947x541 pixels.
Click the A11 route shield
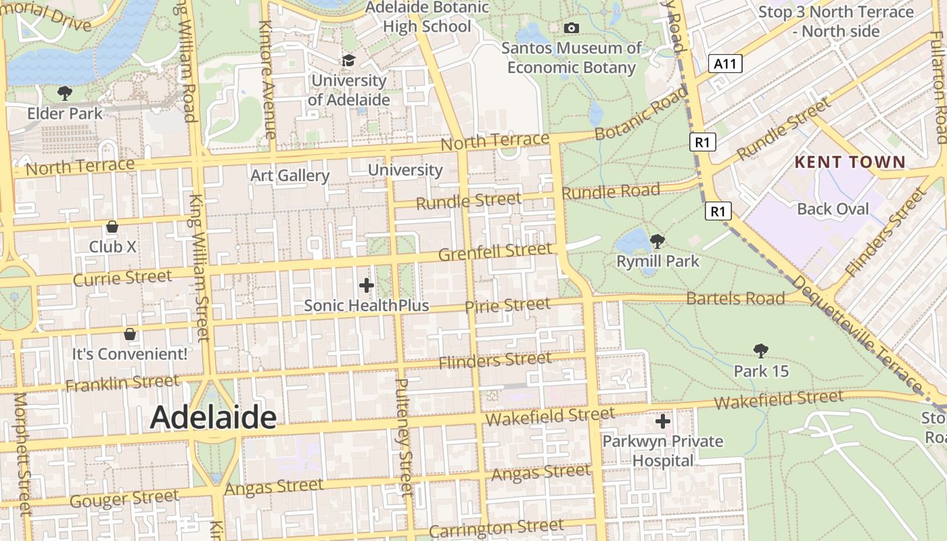tap(726, 64)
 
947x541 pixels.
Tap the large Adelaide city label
tap(213, 417)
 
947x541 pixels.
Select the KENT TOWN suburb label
tap(850, 162)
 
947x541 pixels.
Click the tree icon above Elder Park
tap(65, 93)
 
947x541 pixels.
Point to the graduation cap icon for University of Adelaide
tap(348, 61)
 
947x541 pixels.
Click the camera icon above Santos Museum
tap(572, 28)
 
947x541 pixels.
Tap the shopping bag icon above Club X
tap(112, 227)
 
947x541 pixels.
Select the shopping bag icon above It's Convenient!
tap(130, 333)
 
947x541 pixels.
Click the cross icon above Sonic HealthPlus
tap(367, 285)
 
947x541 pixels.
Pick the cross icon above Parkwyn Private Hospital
tap(663, 421)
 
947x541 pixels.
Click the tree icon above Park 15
tap(761, 350)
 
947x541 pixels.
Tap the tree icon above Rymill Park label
tap(657, 241)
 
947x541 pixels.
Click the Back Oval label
tap(833, 209)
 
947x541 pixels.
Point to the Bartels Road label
tap(735, 298)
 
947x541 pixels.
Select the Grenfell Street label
tap(495, 252)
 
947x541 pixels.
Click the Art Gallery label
tap(290, 176)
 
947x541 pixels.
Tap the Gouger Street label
tap(124, 499)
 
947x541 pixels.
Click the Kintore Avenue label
tap(267, 80)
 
